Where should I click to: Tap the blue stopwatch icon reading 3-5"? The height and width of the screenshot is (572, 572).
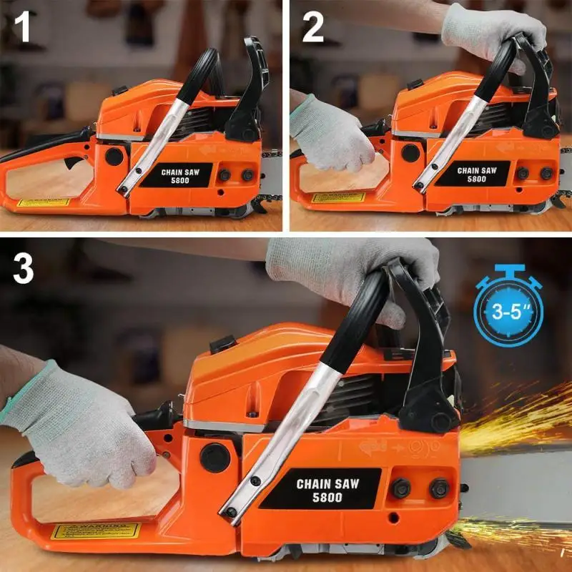pos(508,310)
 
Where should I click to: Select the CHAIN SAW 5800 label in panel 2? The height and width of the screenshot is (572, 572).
pos(473,174)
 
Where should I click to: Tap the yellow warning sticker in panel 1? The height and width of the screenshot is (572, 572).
pos(44,202)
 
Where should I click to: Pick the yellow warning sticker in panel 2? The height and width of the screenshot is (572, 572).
pos(338,197)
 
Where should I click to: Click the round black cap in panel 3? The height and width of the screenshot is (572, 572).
pos(214,458)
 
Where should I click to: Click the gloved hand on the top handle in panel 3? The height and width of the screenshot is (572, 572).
pos(357,268)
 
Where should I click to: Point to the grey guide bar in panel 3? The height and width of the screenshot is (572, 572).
pos(518,486)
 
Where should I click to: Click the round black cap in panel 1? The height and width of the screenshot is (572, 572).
pos(114,156)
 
